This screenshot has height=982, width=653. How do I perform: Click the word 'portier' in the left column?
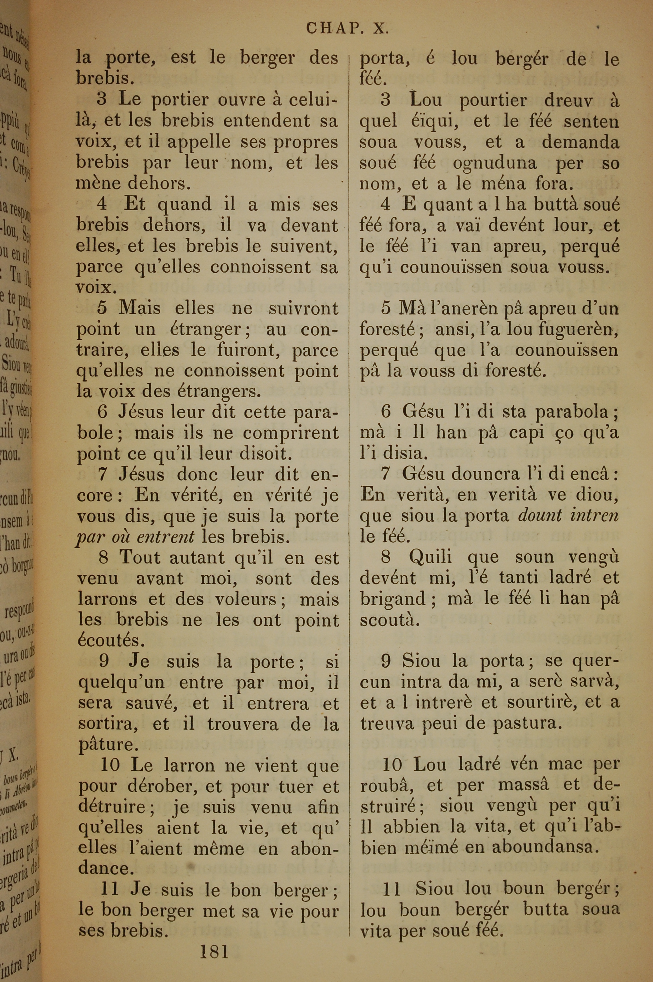180,100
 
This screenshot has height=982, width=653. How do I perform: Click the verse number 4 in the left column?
102,204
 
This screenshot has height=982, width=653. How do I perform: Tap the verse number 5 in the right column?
386,308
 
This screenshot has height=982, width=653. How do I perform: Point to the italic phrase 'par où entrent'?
135,537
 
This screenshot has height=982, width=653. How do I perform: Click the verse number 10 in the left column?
110,765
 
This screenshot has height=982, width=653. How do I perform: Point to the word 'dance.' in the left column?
106,868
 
